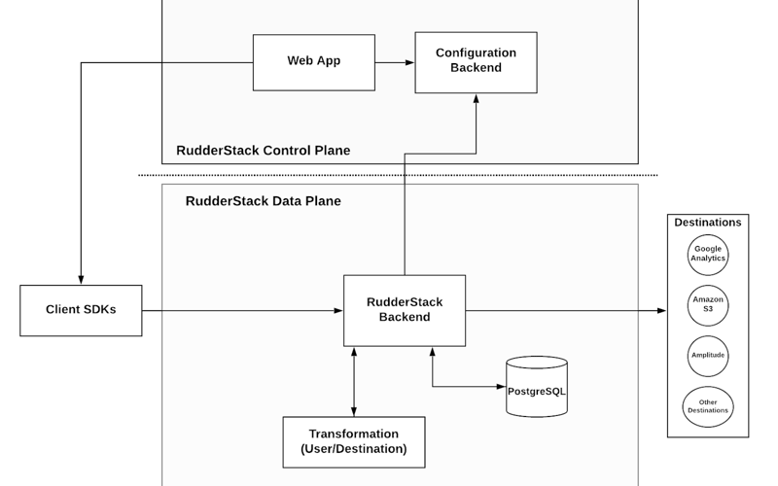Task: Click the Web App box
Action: click(313, 62)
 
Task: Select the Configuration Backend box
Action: click(476, 61)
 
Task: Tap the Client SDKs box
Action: click(81, 310)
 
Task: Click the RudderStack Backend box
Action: click(404, 310)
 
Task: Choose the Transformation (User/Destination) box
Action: click(353, 441)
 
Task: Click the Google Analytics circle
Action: click(707, 255)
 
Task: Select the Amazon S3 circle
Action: click(707, 305)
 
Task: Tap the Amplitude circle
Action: click(707, 355)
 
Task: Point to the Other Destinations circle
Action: click(707, 405)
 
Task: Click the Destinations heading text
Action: click(707, 223)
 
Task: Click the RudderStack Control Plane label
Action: click(263, 151)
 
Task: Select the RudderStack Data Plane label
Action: click(263, 201)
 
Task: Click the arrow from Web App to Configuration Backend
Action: click(394, 62)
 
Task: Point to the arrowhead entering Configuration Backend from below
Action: click(476, 99)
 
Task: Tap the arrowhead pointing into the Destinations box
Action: click(660, 311)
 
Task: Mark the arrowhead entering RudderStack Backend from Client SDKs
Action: click(338, 311)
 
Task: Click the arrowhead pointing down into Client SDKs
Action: click(81, 278)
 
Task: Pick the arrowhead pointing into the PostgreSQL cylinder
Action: click(501, 386)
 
